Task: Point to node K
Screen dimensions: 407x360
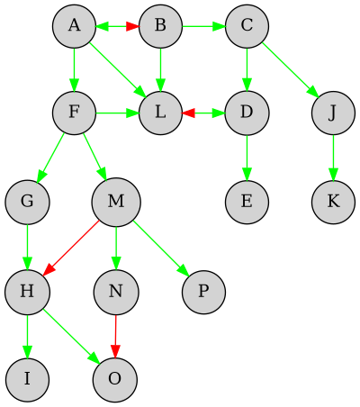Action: (x=334, y=201)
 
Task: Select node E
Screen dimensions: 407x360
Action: (x=247, y=201)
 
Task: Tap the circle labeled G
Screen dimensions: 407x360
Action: (x=27, y=201)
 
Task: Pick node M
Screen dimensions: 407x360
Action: (x=116, y=201)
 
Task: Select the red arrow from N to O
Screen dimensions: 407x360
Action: (x=115, y=333)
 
